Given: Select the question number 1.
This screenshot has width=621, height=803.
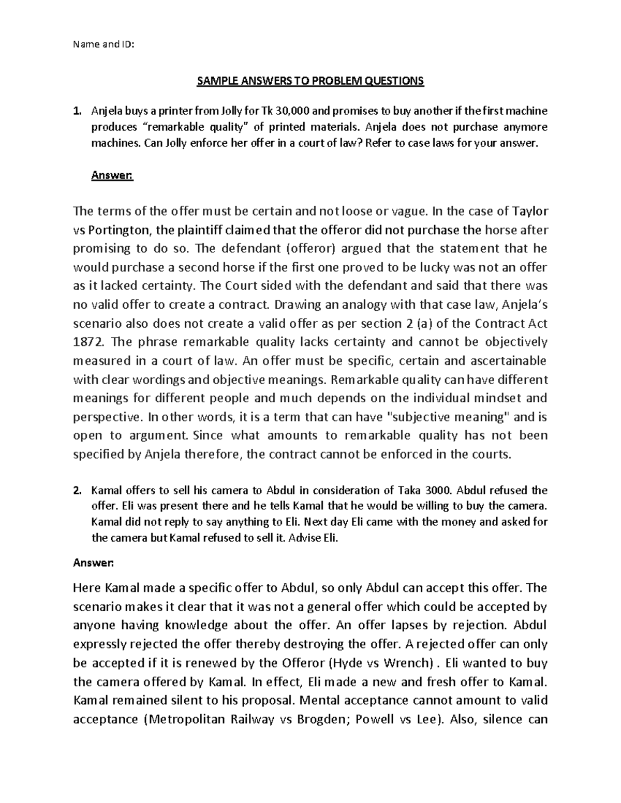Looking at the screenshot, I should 77,111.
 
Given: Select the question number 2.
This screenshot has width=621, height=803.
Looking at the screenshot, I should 77,490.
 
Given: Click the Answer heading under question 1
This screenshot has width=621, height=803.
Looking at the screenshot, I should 112,176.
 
